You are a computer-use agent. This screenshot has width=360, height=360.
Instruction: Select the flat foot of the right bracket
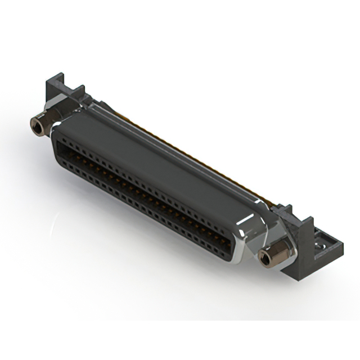click(328, 247)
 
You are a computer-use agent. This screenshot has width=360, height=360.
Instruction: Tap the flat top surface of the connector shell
click(169, 157)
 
